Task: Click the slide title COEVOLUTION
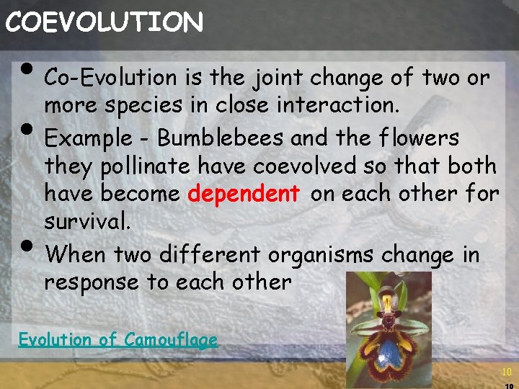tap(104, 22)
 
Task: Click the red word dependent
tap(244, 194)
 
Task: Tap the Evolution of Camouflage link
tap(117, 339)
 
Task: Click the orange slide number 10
tap(505, 372)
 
